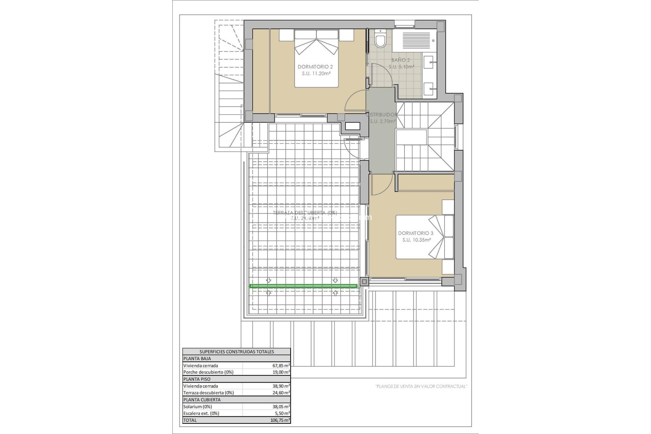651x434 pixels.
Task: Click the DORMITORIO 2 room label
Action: (315, 67)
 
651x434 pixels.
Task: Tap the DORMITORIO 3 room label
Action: (416, 233)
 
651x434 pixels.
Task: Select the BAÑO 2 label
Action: (400, 60)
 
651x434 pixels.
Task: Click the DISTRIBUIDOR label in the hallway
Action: (382, 115)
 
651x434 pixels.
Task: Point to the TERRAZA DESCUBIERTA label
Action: (305, 213)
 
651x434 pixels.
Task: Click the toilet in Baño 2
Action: (380, 40)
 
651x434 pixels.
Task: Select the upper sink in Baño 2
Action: (430, 62)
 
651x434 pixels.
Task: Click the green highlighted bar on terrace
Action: (303, 287)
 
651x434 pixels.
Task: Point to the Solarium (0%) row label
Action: (198, 407)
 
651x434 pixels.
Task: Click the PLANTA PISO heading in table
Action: (197, 379)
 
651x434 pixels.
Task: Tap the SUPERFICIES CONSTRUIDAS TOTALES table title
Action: (236, 352)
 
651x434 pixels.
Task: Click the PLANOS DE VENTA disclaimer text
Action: (421, 386)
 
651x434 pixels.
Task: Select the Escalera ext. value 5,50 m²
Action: (283, 413)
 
